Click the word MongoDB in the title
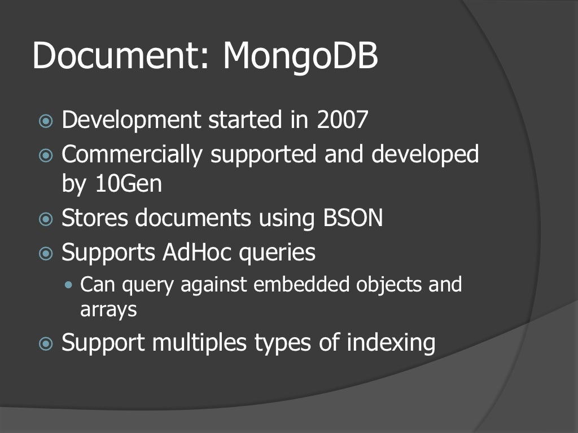[x=300, y=56]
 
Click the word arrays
[x=108, y=309]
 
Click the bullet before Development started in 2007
[x=45, y=121]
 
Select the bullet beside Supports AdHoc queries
[x=45, y=253]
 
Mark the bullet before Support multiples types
[x=45, y=343]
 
